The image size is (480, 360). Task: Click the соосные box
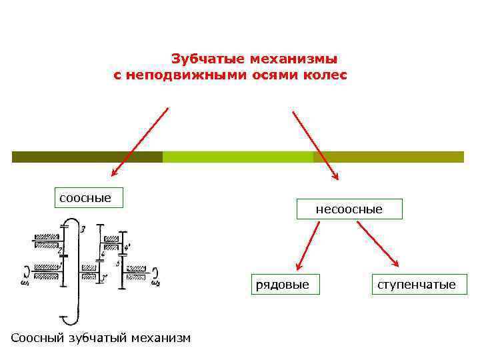pos(89,198)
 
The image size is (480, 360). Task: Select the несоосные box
pos(349,209)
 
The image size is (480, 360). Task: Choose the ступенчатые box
pos(417,285)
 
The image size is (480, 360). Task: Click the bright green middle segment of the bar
pos(237,157)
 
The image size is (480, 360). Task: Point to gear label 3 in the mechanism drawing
pos(82,230)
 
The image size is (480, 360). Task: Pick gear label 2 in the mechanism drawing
pos(60,250)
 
